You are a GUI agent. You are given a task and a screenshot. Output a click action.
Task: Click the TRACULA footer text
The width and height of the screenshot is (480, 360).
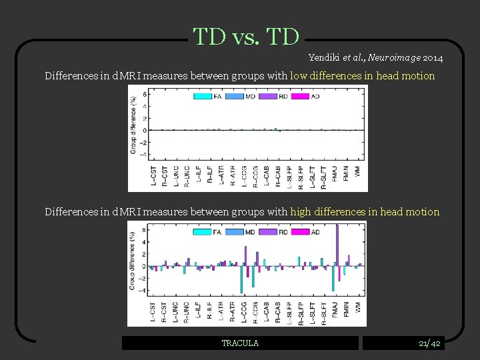pos(240,343)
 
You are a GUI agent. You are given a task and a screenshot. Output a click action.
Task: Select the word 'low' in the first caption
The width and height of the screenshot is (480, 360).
pos(298,76)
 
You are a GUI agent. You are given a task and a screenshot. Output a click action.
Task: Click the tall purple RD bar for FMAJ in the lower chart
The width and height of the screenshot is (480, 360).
pos(338,245)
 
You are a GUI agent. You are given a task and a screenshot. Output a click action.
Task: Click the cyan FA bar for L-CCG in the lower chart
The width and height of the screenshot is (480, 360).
pos(241,279)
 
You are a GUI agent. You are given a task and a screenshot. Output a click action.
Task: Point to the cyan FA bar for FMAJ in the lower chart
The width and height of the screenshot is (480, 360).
pos(333,278)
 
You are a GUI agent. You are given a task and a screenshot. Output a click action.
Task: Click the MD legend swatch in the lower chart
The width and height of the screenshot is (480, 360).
pos(233,233)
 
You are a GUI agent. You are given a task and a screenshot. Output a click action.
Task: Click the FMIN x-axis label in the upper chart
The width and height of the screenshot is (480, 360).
pos(346,175)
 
